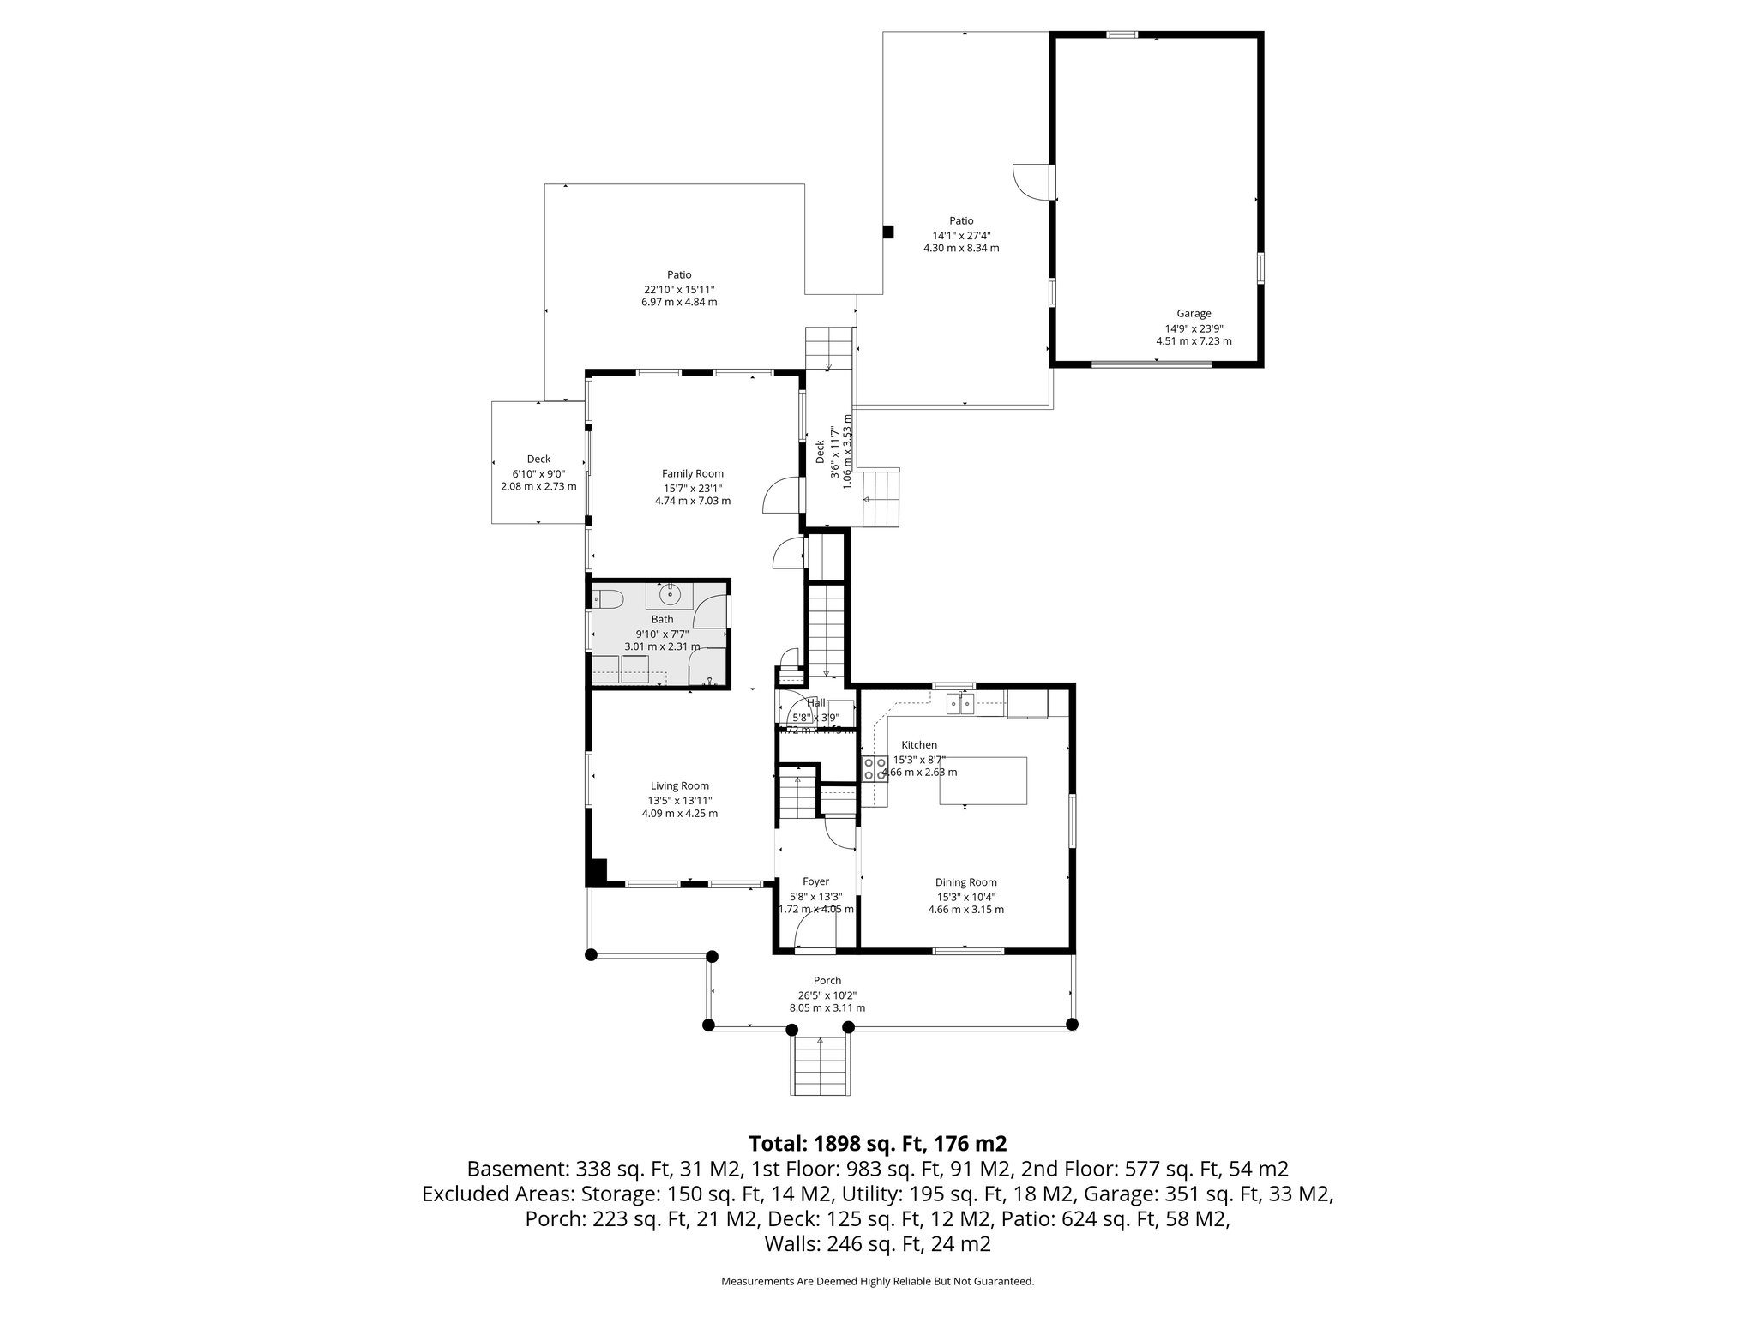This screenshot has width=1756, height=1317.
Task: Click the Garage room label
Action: coord(1194,314)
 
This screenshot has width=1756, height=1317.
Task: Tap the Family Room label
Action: coord(692,473)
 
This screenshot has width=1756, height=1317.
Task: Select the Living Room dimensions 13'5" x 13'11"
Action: coord(680,800)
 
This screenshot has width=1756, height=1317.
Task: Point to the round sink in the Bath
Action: coord(669,593)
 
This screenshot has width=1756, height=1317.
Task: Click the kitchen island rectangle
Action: coord(983,780)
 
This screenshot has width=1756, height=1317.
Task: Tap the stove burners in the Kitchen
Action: coord(874,768)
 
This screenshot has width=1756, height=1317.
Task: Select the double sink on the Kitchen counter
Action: coord(960,704)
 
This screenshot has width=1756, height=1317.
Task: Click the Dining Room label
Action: coord(965,882)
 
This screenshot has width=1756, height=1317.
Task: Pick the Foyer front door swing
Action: coord(810,930)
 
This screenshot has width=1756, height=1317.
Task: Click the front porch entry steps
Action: coord(821,1065)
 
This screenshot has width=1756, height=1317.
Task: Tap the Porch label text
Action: coord(827,981)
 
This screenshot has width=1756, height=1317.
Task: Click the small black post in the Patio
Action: coord(888,232)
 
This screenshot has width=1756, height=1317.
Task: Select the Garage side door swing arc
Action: coord(1029,181)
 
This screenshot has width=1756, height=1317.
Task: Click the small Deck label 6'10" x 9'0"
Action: coord(538,473)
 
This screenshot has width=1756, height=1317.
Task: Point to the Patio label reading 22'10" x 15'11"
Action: coord(679,289)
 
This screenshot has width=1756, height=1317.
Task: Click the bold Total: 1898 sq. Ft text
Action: coord(877,1143)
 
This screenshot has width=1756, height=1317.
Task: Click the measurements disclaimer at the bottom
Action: coord(877,1282)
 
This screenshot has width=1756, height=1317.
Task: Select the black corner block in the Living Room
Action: coord(596,872)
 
